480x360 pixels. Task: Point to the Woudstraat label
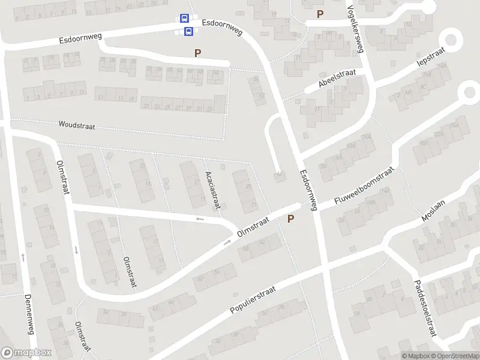pyautogui.click(x=77, y=125)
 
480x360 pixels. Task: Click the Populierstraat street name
pyautogui.click(x=253, y=300)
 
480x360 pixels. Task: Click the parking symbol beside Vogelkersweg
pyautogui.click(x=320, y=14)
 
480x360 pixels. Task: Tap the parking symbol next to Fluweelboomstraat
pyautogui.click(x=291, y=219)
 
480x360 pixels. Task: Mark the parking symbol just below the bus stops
pyautogui.click(x=197, y=53)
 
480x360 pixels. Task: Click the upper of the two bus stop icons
pyautogui.click(x=184, y=19)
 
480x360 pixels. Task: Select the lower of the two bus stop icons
pyautogui.click(x=188, y=31)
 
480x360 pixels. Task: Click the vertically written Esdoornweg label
pyautogui.click(x=308, y=189)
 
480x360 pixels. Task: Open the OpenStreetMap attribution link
pyautogui.click(x=454, y=356)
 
